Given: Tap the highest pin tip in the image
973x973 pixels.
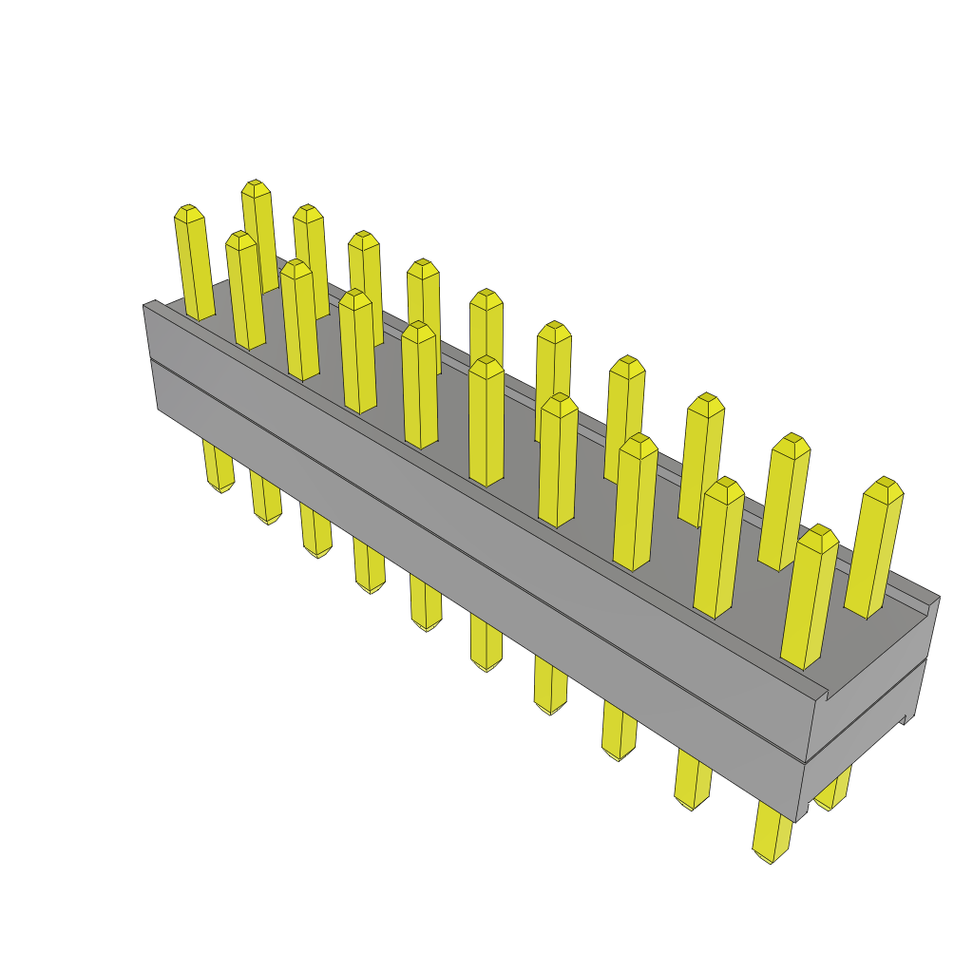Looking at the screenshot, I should click(x=254, y=186).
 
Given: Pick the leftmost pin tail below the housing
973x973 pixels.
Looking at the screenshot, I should click(x=219, y=480).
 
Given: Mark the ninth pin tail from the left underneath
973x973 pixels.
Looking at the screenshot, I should click(x=693, y=796).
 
